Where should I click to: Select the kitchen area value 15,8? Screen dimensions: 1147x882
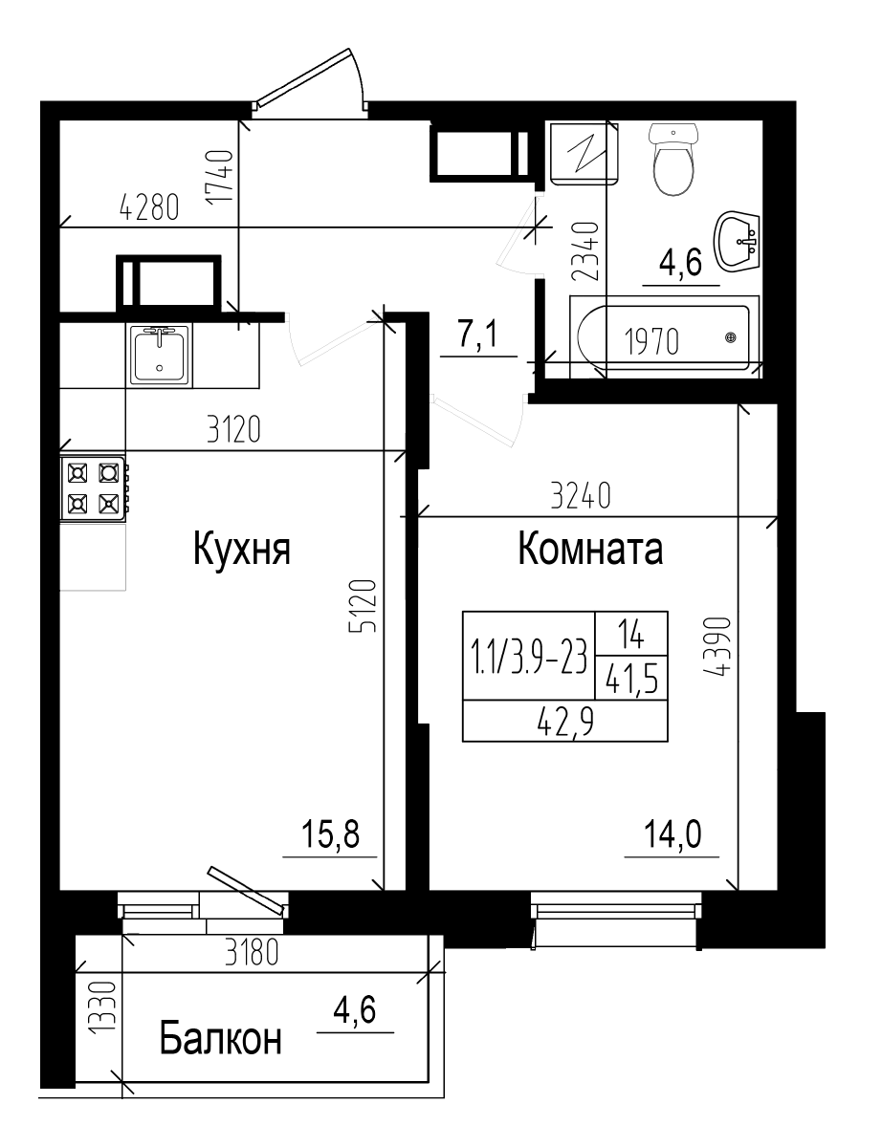click(x=330, y=836)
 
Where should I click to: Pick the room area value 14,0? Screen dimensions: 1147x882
click(x=673, y=836)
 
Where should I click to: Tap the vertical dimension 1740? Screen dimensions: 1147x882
click(x=221, y=176)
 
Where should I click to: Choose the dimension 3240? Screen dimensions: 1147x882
click(x=580, y=497)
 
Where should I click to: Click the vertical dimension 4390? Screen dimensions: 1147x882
click(x=719, y=646)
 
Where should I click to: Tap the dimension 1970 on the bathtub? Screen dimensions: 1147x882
click(x=651, y=340)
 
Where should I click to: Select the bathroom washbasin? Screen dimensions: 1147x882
click(x=738, y=241)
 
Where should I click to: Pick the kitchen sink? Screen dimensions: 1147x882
click(x=160, y=354)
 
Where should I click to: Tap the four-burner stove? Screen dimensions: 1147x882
click(x=93, y=487)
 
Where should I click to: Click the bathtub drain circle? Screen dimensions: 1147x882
click(x=732, y=336)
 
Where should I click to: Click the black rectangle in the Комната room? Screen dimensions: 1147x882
click(x=564, y=676)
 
